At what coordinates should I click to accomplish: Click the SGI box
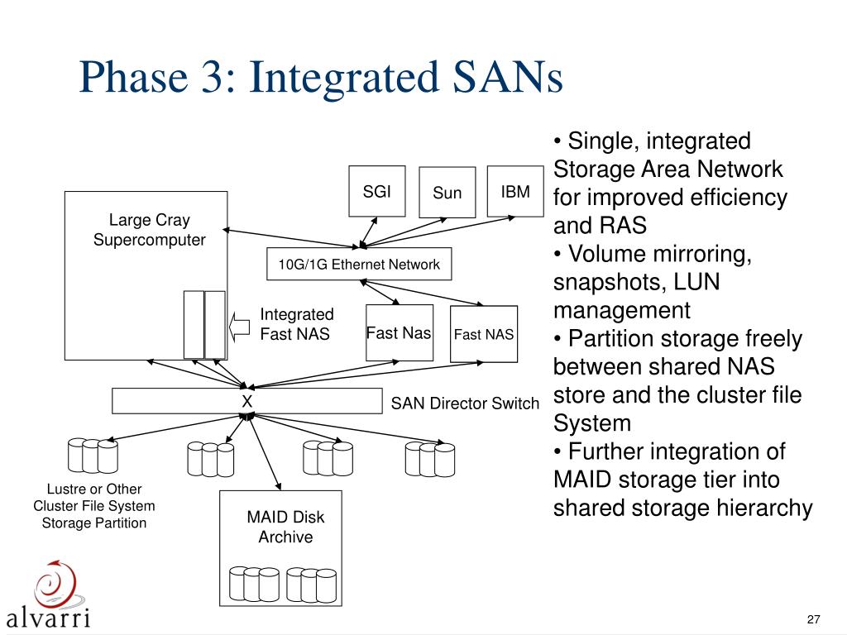377,191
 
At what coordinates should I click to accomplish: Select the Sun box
447,192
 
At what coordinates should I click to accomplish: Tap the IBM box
515,191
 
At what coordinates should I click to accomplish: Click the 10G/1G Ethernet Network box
359,264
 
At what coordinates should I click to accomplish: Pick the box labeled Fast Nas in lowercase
400,332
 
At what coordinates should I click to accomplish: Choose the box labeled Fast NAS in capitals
484,334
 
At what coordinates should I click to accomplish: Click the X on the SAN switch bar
246,401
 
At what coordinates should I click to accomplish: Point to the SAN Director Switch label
465,403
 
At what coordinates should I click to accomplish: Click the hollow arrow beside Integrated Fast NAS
239,327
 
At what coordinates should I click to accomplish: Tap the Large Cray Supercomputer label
150,230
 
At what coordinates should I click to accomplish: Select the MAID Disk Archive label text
285,527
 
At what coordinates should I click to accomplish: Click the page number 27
814,619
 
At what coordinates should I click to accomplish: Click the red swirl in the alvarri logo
56,585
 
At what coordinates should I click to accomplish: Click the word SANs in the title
507,77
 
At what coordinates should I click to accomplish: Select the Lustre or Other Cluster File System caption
94,506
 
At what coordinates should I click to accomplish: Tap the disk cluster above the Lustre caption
93,456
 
